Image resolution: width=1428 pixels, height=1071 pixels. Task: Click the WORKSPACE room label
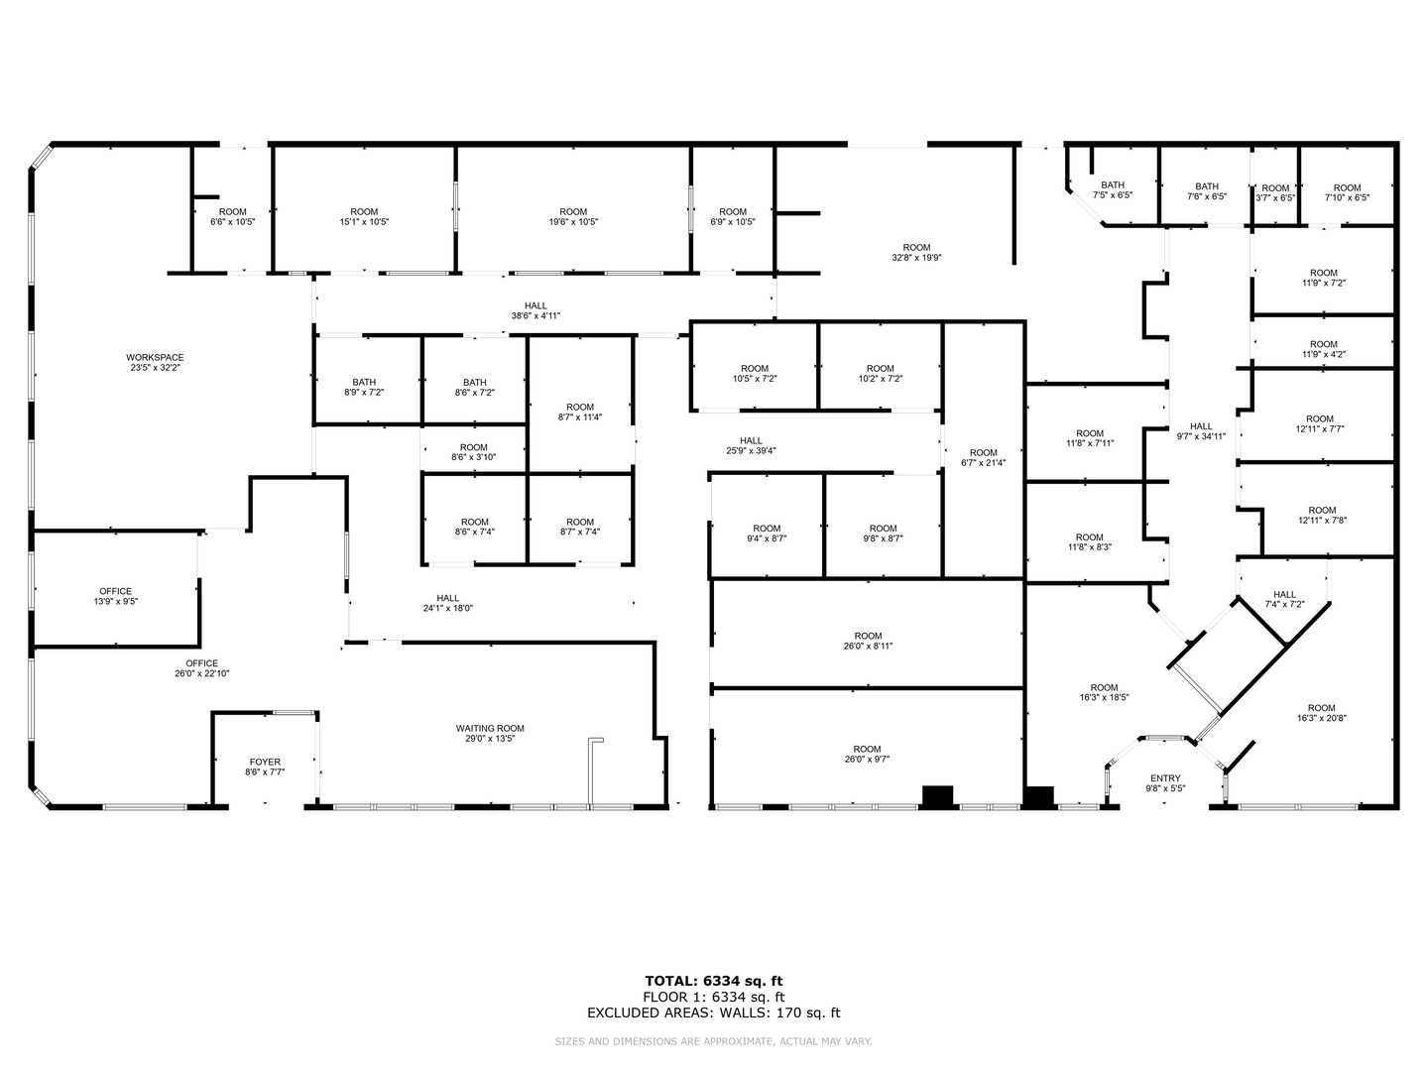click(x=155, y=357)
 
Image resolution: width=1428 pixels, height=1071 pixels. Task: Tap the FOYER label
click(x=265, y=762)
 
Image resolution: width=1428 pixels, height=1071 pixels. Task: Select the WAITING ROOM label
click(x=490, y=728)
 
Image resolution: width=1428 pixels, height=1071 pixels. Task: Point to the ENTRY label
click(x=1165, y=778)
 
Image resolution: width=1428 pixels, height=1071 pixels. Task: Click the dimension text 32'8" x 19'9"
click(x=916, y=258)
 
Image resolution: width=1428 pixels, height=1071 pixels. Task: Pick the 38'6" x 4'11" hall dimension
click(x=535, y=316)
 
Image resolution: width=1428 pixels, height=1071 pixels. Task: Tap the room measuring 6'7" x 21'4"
click(x=983, y=458)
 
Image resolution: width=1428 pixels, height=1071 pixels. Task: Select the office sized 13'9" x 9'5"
click(x=116, y=596)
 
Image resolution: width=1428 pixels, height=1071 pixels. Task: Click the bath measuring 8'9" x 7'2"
click(x=364, y=387)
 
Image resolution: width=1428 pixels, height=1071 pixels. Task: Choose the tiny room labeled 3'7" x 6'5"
click(x=1275, y=193)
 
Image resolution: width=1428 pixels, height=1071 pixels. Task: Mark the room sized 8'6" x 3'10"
click(x=474, y=452)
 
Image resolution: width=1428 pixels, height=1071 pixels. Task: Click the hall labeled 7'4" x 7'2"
click(x=1284, y=599)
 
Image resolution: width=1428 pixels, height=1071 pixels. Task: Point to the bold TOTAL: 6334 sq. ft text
click(x=714, y=981)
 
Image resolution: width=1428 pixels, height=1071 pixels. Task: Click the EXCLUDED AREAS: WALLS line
click(x=714, y=1012)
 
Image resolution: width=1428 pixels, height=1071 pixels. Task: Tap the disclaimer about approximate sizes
click(x=713, y=1041)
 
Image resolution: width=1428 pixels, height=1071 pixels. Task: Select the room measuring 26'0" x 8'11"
click(x=868, y=642)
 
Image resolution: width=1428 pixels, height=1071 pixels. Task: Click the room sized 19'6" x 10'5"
click(x=573, y=216)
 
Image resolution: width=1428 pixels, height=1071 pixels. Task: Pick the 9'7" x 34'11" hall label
click(x=1201, y=431)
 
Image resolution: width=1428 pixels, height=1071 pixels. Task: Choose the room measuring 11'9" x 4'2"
click(x=1323, y=349)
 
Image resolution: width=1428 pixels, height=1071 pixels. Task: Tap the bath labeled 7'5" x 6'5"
click(x=1113, y=189)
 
